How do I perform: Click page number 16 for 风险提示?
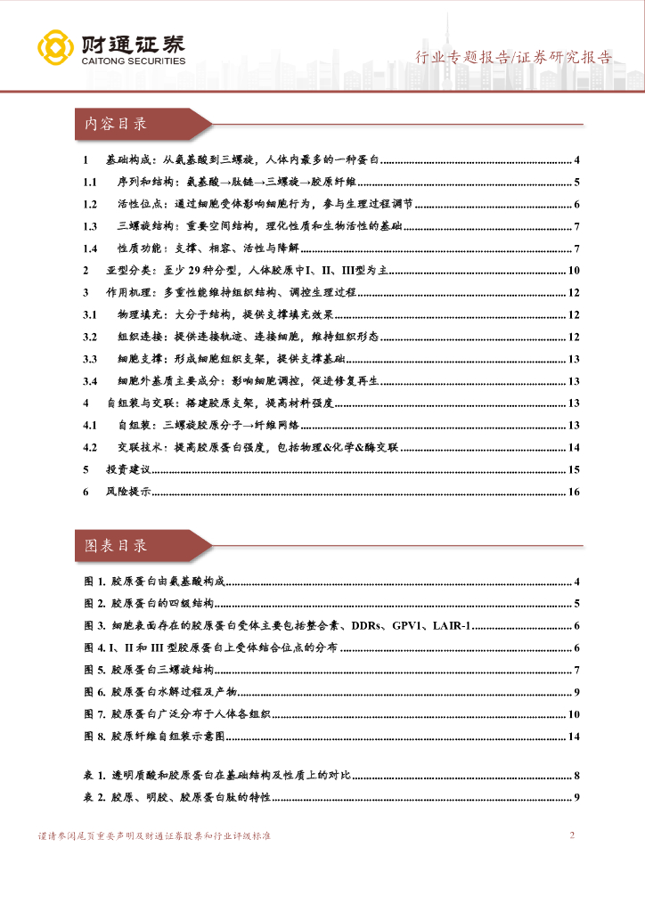[x=574, y=492]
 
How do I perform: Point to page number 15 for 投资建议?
[x=574, y=469]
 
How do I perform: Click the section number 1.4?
[x=89, y=248]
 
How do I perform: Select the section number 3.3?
[x=89, y=359]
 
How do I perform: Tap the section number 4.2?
[x=89, y=447]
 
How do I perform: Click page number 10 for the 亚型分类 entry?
[x=574, y=271]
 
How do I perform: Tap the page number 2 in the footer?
[x=572, y=835]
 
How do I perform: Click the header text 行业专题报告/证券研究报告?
[x=515, y=58]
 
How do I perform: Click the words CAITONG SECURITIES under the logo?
[x=134, y=61]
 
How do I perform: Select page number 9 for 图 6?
[x=577, y=692]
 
